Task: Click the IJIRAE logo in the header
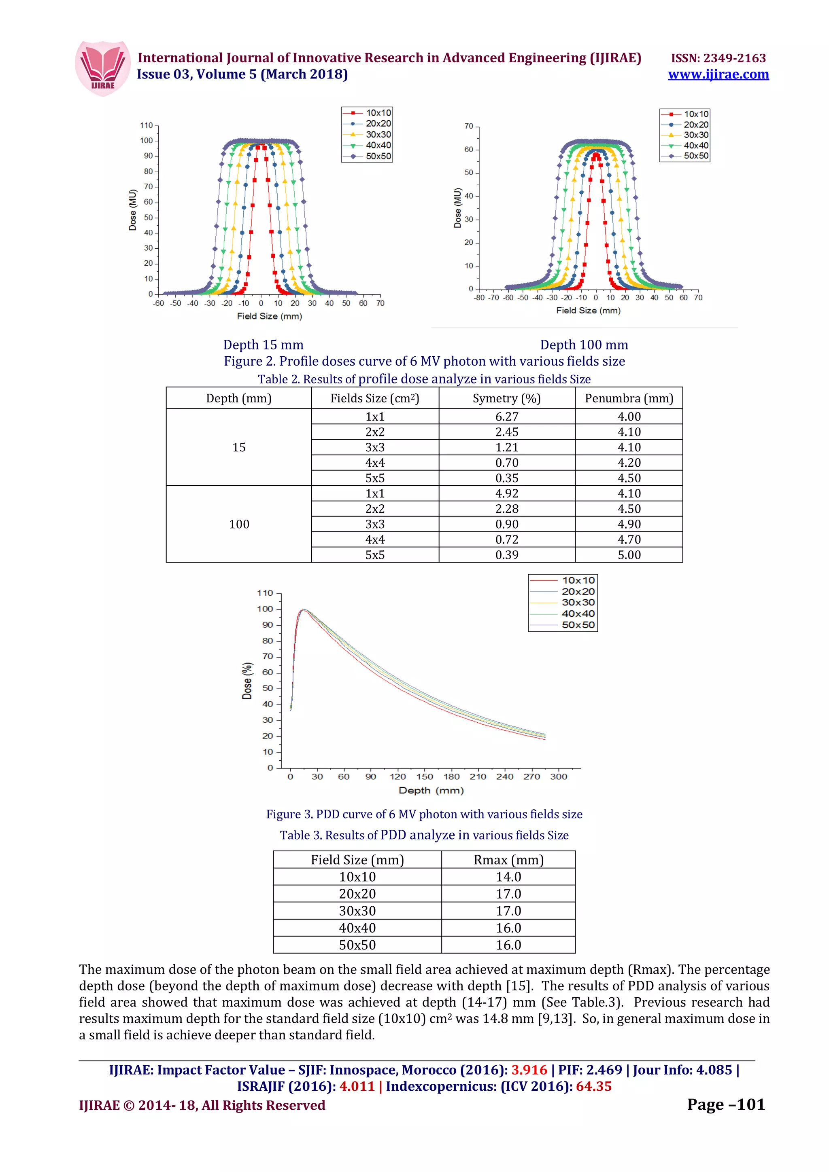[x=102, y=68]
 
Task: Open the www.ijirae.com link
[x=718, y=74]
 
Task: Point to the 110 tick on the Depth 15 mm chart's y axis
[x=146, y=125]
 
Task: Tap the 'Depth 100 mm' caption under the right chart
[x=583, y=345]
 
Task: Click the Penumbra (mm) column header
[x=628, y=398]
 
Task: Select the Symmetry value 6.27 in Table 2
[x=506, y=417]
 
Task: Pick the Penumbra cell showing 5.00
[x=628, y=555]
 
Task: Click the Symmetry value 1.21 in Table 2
[x=506, y=448]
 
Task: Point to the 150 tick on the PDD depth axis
[x=425, y=776]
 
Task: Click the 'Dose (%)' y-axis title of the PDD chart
[x=247, y=681]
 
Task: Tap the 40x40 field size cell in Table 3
[x=357, y=928]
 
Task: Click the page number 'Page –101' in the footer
[x=725, y=1104]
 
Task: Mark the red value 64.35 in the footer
[x=593, y=1086]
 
